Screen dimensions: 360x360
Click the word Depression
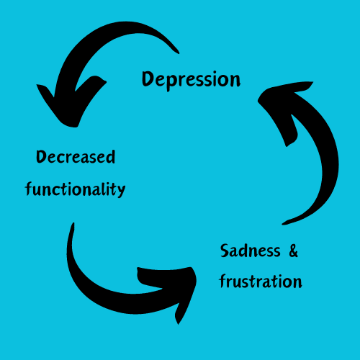[191, 80]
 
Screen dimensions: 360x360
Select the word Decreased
[76, 157]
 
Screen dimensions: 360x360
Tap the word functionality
[75, 189]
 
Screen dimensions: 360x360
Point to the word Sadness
[251, 251]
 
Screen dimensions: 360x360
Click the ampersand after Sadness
[293, 251]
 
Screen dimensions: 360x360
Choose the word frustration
[261, 281]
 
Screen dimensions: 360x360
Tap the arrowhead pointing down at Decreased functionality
[71, 106]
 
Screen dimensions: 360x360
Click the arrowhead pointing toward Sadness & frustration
[175, 288]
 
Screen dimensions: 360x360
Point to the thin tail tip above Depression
[179, 53]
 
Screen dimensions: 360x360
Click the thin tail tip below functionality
[73, 223]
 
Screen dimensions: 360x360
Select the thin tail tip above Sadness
[283, 224]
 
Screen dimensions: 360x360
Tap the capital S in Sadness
[225, 251]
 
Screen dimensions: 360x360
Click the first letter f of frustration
[222, 281]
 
